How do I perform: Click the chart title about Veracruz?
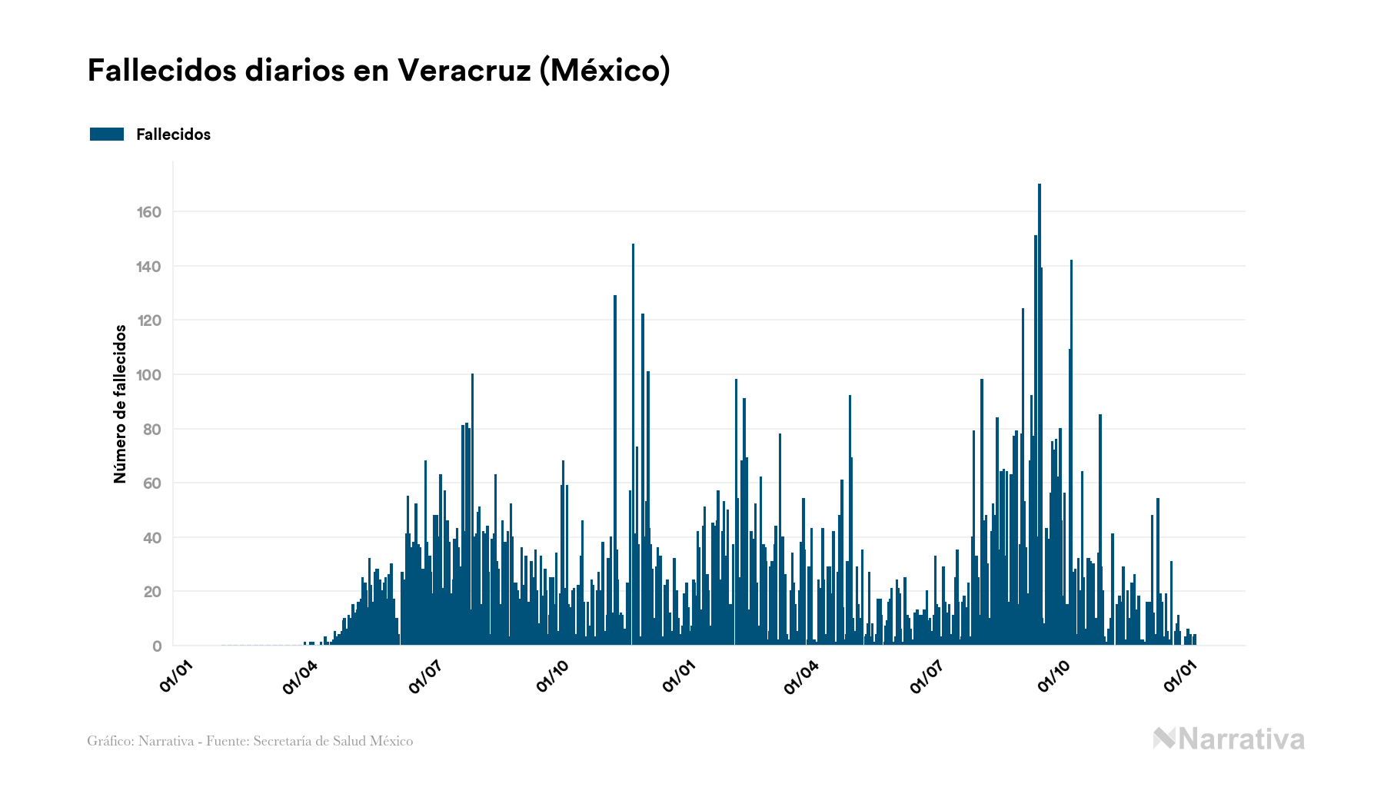(x=378, y=70)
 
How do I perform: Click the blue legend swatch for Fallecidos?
(x=107, y=134)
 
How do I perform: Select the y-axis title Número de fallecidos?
(x=120, y=403)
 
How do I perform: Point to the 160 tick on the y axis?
(x=149, y=212)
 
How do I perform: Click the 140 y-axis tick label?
(x=149, y=267)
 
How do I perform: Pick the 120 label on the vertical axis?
(x=149, y=320)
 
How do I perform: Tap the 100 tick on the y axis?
(x=149, y=375)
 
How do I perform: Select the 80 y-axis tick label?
(x=152, y=430)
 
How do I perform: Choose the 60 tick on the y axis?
(x=152, y=483)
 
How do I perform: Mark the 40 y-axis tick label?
(x=152, y=538)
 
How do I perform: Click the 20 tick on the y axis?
(x=152, y=592)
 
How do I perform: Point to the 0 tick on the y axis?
(x=157, y=646)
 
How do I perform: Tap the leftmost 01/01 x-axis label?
(x=175, y=676)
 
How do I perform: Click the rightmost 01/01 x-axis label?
(x=1179, y=676)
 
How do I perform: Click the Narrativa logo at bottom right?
(x=1229, y=739)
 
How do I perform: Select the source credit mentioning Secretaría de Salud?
(x=250, y=741)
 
